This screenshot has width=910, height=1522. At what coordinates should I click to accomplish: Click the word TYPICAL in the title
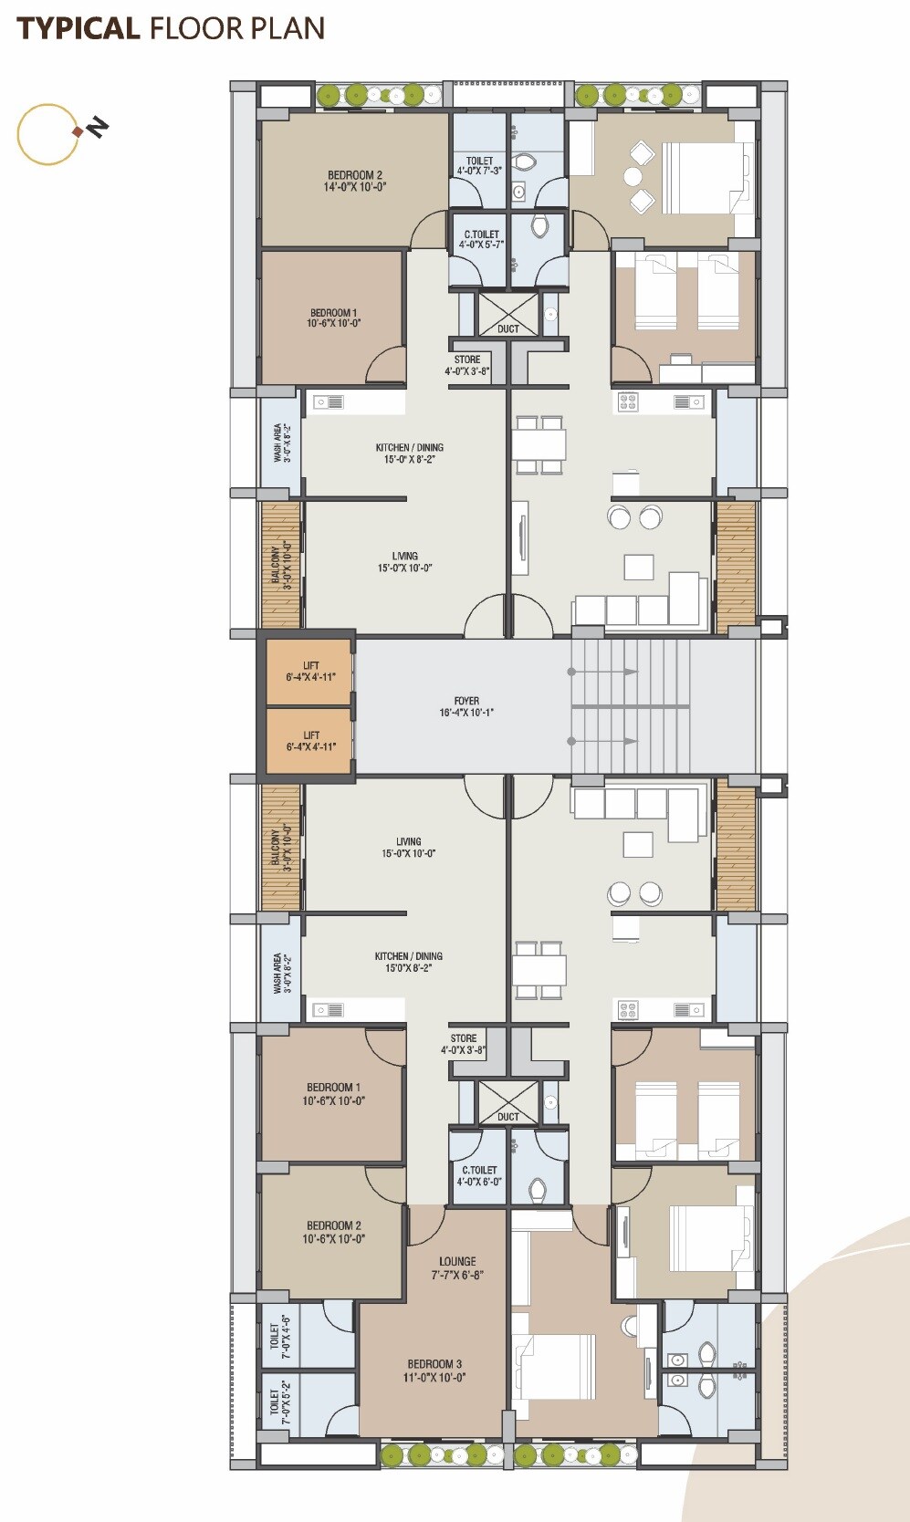[x=78, y=28]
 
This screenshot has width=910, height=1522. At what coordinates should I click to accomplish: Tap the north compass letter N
[x=99, y=127]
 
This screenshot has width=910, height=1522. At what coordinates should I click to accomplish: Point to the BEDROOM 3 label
[x=434, y=1363]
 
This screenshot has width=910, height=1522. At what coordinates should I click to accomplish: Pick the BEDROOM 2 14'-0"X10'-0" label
[x=355, y=181]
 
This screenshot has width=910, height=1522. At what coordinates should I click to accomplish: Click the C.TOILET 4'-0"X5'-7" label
[x=481, y=239]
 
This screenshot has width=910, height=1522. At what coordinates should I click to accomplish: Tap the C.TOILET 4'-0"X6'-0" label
[x=479, y=1175]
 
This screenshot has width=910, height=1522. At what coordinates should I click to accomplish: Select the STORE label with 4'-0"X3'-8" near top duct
[x=467, y=366]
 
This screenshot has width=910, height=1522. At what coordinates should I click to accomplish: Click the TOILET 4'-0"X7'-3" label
[x=479, y=166]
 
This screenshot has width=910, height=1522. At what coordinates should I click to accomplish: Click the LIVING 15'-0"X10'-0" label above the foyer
[x=404, y=562]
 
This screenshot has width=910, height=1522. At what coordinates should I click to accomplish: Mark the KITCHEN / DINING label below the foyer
[x=408, y=956]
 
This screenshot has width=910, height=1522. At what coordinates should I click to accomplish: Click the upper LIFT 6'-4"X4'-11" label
[x=310, y=672]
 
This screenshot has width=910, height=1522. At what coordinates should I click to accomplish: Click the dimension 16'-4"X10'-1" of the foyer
[x=466, y=712]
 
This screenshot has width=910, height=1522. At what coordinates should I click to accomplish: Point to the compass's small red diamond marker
[x=78, y=131]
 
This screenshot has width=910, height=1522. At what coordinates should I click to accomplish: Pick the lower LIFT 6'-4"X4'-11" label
[x=310, y=741]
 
